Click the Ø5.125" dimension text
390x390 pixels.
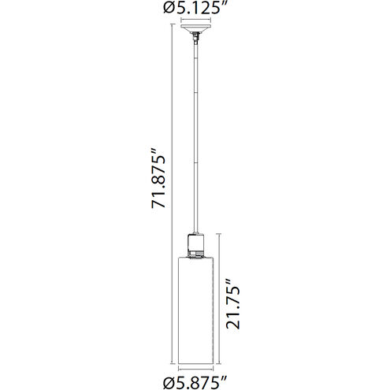point(195,10)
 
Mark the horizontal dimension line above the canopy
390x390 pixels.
point(194,24)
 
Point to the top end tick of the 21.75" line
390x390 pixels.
point(217,233)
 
